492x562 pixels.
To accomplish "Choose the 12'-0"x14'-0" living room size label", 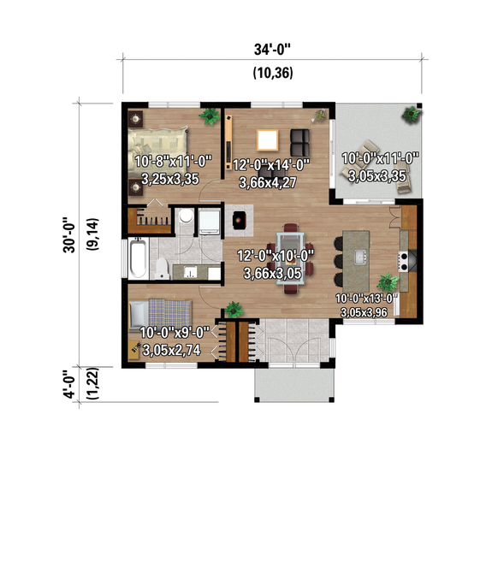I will click(271, 165).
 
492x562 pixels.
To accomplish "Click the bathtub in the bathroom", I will click(138, 256).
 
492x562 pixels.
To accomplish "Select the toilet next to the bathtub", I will click(161, 269).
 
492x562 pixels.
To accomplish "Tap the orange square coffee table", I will click(268, 139).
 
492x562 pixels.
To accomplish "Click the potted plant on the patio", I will click(413, 114).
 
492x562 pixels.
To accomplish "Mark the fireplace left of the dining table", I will click(240, 219).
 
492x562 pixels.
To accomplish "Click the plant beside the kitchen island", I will click(388, 281).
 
